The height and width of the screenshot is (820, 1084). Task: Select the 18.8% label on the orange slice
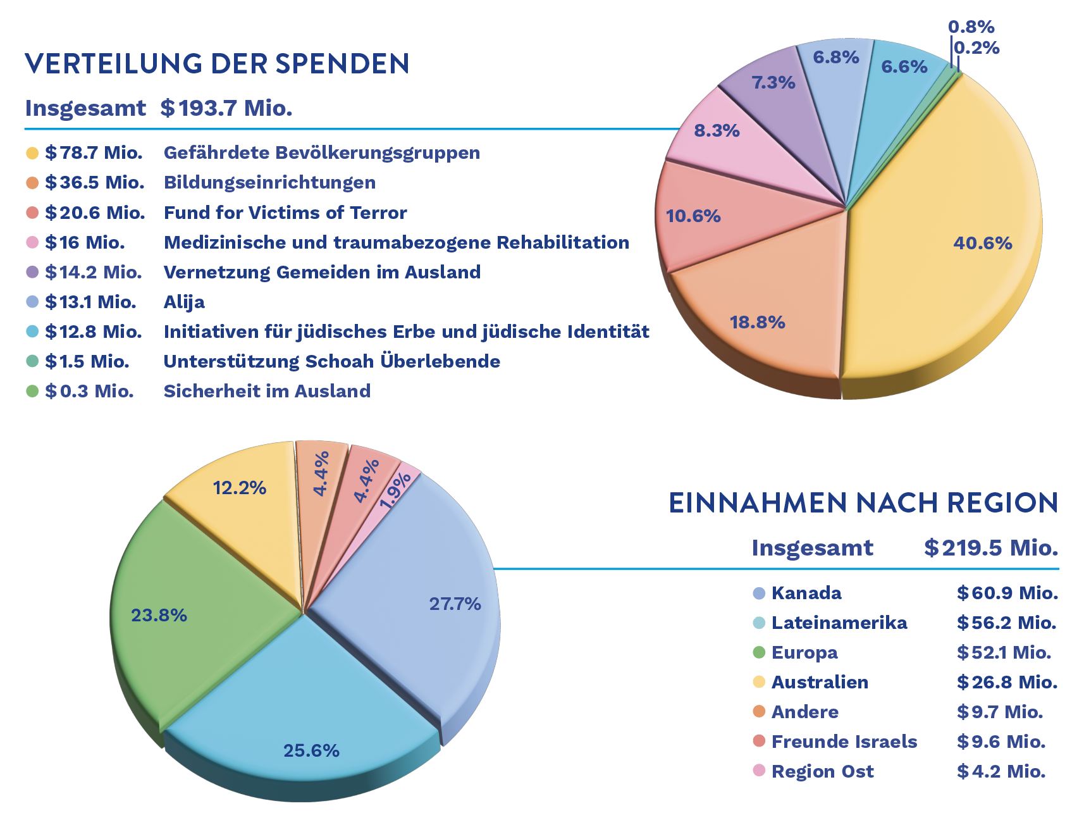[x=757, y=323]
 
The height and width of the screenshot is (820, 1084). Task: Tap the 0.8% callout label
[x=971, y=27]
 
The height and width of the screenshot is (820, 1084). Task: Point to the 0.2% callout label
[x=976, y=48]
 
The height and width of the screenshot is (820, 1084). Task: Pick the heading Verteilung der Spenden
[x=217, y=64]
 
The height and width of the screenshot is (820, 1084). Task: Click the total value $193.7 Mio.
[x=226, y=108]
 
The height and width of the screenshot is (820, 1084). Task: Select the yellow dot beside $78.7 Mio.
[x=32, y=153]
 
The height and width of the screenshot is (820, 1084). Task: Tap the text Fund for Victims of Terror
[x=285, y=213]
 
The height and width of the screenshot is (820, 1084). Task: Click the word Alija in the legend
[x=184, y=302]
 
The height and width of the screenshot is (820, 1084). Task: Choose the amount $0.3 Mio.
[x=89, y=391]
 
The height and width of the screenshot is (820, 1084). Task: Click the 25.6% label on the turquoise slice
[x=311, y=751]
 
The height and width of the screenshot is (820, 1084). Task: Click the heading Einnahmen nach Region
[x=863, y=504]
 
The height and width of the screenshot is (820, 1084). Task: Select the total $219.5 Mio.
[x=991, y=548]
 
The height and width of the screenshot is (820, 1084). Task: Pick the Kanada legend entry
[x=806, y=593]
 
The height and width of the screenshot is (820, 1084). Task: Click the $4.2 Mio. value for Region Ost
[x=1001, y=771]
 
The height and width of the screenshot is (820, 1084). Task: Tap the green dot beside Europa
[x=759, y=652]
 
